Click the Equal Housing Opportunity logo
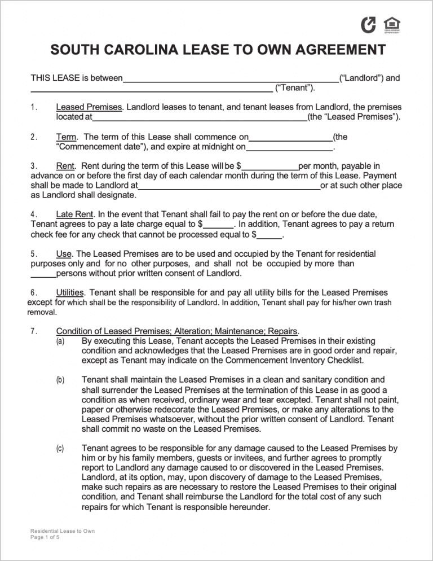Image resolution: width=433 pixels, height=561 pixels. point(391,25)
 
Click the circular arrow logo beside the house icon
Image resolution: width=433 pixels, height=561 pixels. point(368,24)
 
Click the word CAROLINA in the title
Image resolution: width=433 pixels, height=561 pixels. point(170,50)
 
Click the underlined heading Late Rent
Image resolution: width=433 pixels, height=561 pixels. point(76,214)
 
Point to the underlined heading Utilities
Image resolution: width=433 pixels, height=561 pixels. point(70,293)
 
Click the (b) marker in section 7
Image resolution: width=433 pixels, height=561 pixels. point(60,380)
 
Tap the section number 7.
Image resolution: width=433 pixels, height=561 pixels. point(33,331)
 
